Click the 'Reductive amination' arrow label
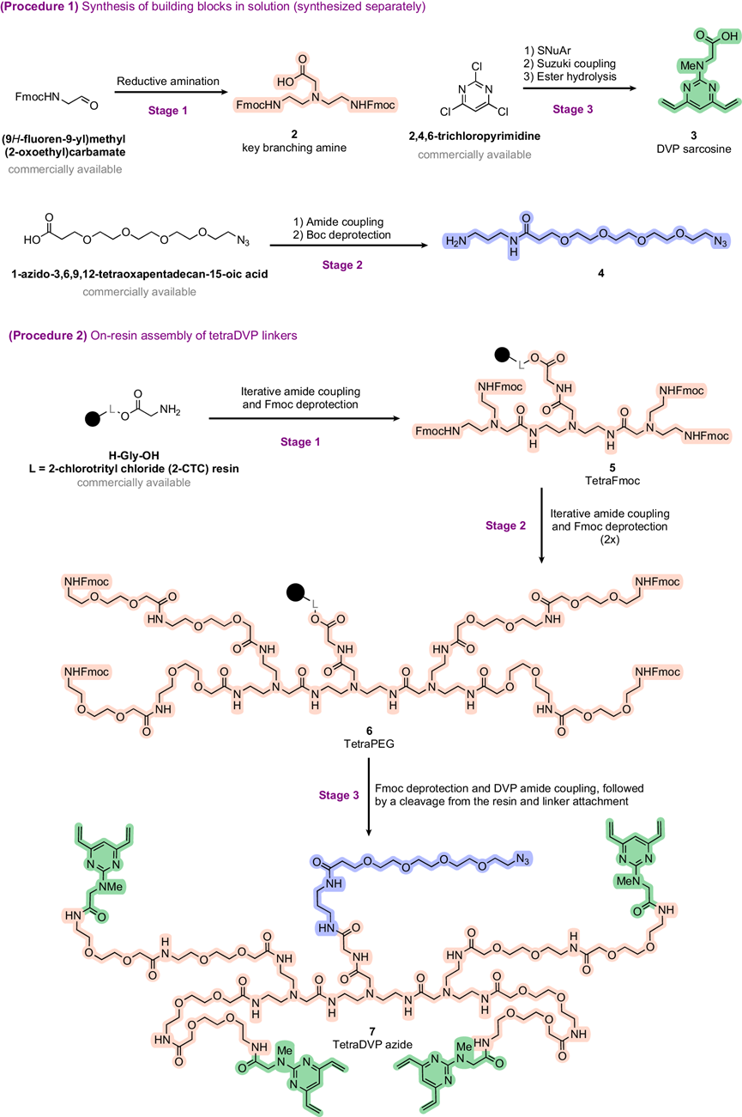click(168, 82)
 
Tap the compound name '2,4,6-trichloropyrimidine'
click(474, 137)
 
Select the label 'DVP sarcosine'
click(694, 149)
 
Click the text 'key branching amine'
click(294, 148)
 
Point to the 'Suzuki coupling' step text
click(570, 64)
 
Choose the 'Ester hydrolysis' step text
click(570, 76)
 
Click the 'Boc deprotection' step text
click(342, 235)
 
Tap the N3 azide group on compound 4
click(721, 242)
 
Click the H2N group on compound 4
click(456, 242)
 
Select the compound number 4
click(601, 273)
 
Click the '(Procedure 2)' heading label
click(48, 336)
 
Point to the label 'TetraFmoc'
click(612, 481)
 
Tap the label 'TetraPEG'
click(369, 744)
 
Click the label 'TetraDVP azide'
click(372, 1044)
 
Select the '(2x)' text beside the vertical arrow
click(609, 539)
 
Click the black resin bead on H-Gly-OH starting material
click(93, 419)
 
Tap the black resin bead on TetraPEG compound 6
click(295, 593)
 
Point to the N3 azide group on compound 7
click(522, 859)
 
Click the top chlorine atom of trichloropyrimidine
click(476, 66)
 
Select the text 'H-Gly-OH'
click(134, 456)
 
